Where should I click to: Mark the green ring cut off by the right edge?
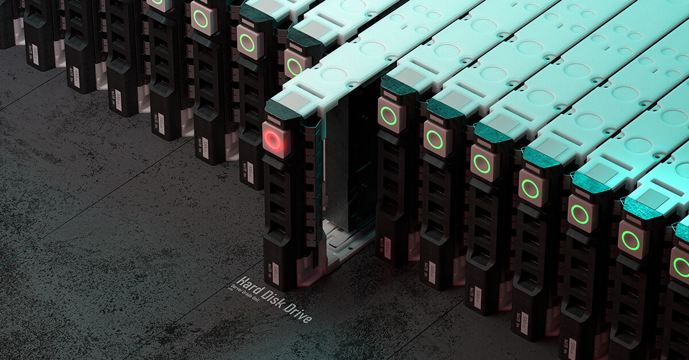(682, 268)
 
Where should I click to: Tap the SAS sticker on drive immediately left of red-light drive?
(250, 172)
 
